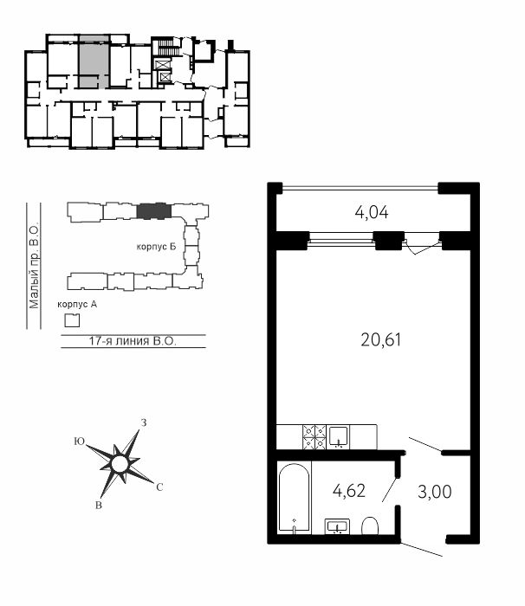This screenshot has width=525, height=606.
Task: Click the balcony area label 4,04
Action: [372, 213]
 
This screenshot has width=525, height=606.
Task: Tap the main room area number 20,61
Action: [380, 340]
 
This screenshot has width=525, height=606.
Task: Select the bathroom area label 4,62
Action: [349, 491]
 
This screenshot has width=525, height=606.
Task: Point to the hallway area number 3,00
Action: [435, 492]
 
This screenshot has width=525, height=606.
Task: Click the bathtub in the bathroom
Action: [294, 498]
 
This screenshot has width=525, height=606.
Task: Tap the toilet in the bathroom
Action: [370, 525]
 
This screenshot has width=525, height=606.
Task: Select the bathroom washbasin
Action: [337, 526]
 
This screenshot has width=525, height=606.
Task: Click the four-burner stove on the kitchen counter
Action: [314, 436]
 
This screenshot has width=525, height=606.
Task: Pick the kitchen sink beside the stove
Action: [339, 436]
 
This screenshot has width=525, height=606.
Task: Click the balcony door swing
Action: [423, 248]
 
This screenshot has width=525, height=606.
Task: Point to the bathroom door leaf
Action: [390, 490]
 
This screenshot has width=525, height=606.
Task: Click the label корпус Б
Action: [156, 247]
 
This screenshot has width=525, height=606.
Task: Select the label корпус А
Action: [77, 305]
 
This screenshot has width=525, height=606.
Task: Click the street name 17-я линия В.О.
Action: [133, 341]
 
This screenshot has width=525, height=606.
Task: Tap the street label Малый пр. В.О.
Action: [34, 266]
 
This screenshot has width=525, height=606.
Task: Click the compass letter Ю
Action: [80, 442]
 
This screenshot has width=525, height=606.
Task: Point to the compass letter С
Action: [159, 487]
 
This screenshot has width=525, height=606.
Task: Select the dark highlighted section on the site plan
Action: [154, 211]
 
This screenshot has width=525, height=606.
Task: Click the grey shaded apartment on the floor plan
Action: [94, 61]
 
